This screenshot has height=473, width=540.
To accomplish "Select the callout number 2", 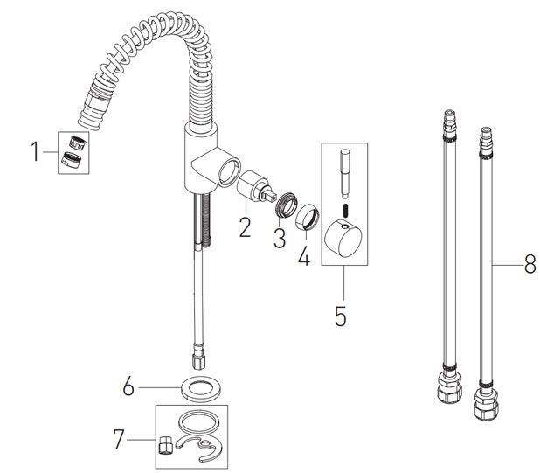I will pyautogui.click(x=245, y=228).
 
